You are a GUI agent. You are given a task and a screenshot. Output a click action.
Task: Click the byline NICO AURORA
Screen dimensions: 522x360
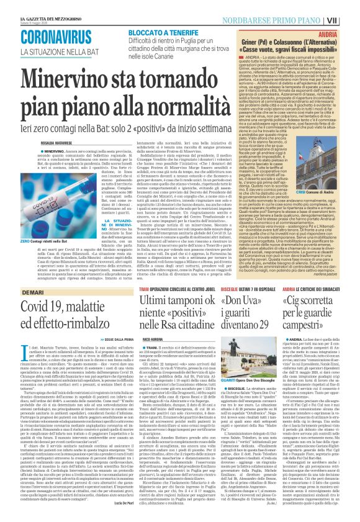coord(153,322)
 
